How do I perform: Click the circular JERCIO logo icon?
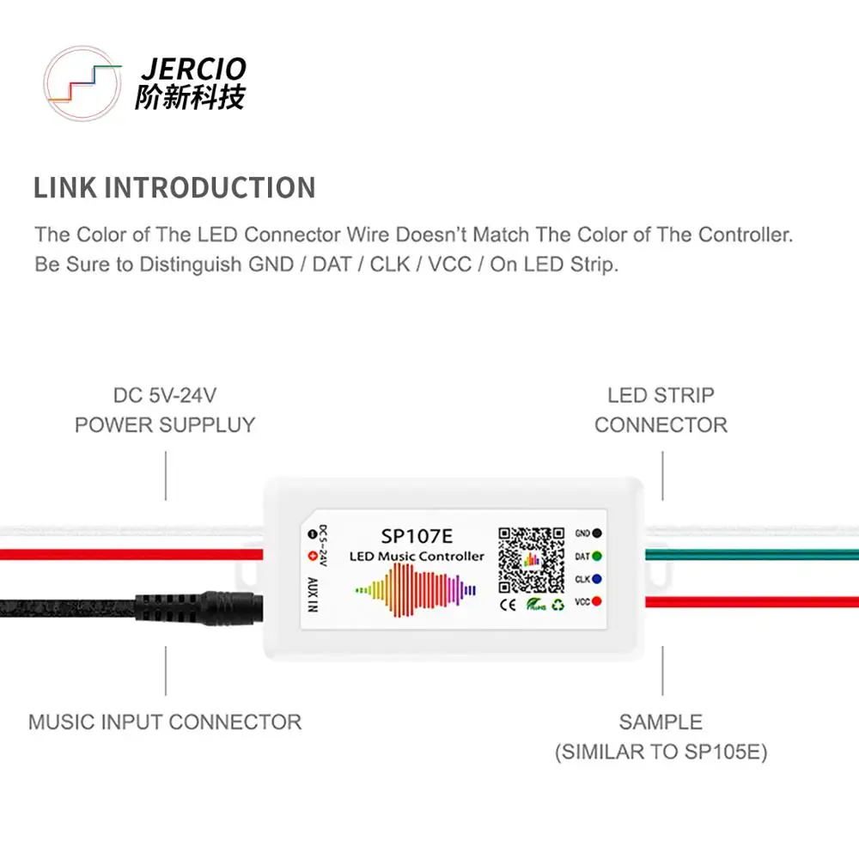point(82,83)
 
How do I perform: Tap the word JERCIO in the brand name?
point(192,69)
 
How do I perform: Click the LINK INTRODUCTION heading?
point(174,187)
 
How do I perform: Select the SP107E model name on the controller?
point(417,536)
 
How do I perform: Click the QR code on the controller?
point(532,559)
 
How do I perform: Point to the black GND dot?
point(596,533)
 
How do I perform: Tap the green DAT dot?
point(596,557)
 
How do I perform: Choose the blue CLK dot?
point(596,579)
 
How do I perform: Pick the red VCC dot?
point(596,601)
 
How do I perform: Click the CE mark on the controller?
point(508,605)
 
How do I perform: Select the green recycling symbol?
point(558,605)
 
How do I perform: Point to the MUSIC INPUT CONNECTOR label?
point(165,722)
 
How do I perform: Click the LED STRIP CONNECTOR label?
point(661,410)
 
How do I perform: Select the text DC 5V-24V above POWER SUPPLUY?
point(165,396)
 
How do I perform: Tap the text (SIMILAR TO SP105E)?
point(661,752)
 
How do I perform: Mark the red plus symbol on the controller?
point(312,555)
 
